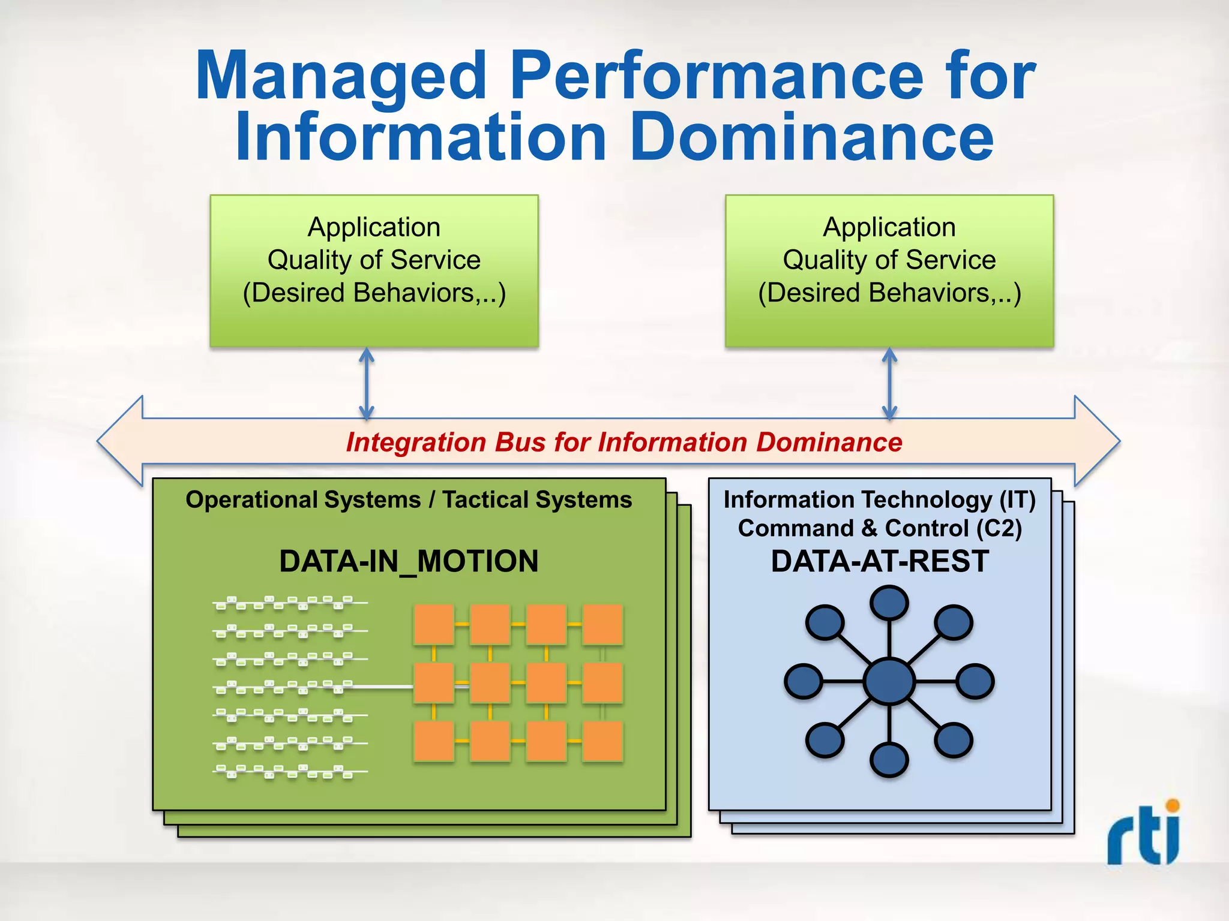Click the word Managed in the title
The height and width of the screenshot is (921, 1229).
click(x=341, y=76)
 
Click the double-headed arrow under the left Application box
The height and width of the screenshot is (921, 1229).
click(x=366, y=384)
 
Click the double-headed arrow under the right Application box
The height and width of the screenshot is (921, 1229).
click(x=889, y=384)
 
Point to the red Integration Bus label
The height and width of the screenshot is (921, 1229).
click(x=624, y=442)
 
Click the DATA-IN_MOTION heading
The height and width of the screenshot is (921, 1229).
click(x=409, y=561)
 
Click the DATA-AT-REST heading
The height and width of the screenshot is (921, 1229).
click(x=880, y=561)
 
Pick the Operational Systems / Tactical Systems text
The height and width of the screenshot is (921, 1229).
click(x=409, y=499)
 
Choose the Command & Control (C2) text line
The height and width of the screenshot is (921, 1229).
click(x=880, y=528)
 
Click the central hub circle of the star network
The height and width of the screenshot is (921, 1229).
click(x=889, y=681)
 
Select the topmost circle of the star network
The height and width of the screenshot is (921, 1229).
click(x=889, y=602)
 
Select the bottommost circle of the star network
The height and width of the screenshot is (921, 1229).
click(x=889, y=760)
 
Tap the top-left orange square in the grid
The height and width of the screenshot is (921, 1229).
click(x=433, y=624)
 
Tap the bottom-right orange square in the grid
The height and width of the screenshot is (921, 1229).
click(x=602, y=741)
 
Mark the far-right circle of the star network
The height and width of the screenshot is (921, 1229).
click(x=975, y=681)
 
